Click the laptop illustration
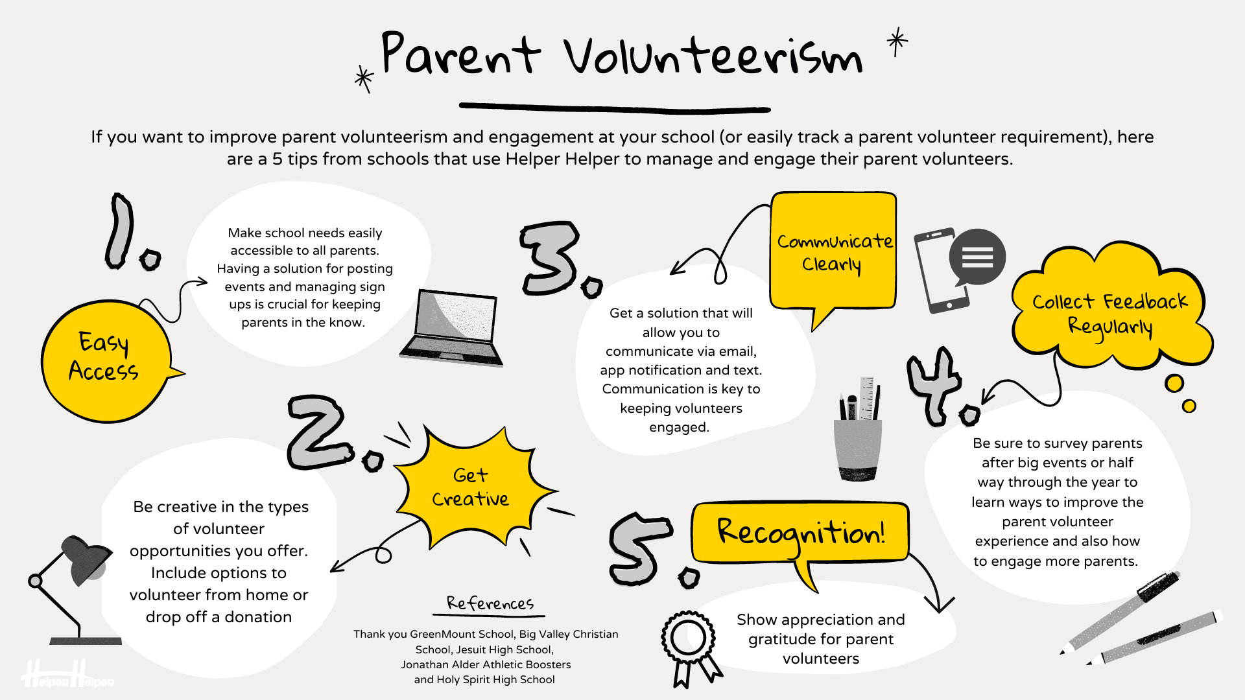452,327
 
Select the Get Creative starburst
471,487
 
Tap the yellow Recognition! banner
800,532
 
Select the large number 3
550,258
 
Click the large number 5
639,548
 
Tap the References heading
490,604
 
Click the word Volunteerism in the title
713,56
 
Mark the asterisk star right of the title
897,41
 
